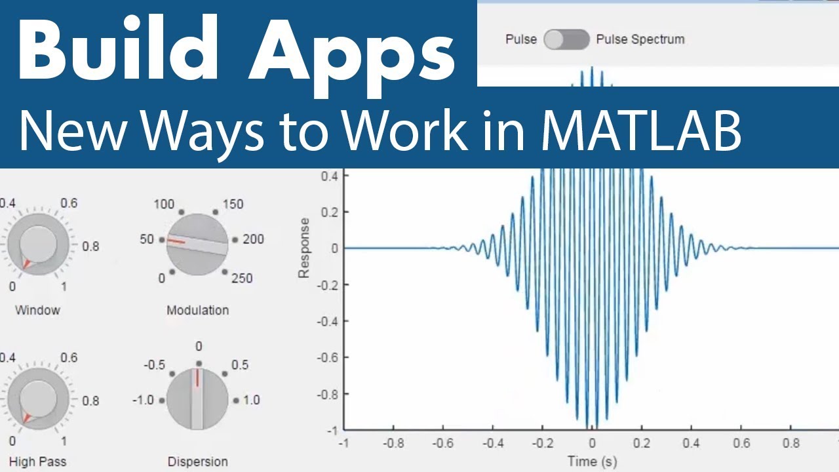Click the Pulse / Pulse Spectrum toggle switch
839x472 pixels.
tap(567, 39)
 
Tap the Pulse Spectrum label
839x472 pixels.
tap(640, 39)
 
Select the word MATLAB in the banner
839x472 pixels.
tap(641, 131)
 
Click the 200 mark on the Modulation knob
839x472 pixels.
tap(253, 239)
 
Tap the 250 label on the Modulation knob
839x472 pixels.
tap(242, 278)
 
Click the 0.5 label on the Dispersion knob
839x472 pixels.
tap(240, 364)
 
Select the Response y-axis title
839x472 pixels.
tap(304, 248)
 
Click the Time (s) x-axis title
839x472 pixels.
tap(592, 462)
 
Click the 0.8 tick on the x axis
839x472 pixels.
tap(791, 443)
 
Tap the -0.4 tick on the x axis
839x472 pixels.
tap(492, 443)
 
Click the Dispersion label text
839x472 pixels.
tap(197, 462)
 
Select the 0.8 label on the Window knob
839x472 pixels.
tap(90, 246)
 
